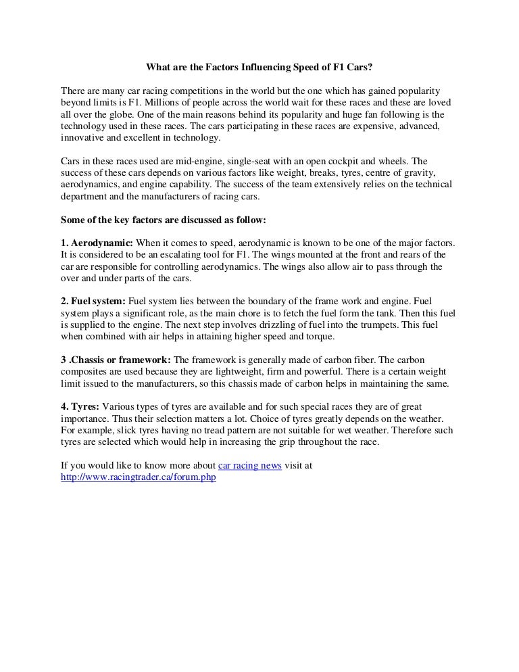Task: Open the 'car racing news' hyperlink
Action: [249, 466]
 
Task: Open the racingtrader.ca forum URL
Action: [138, 477]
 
